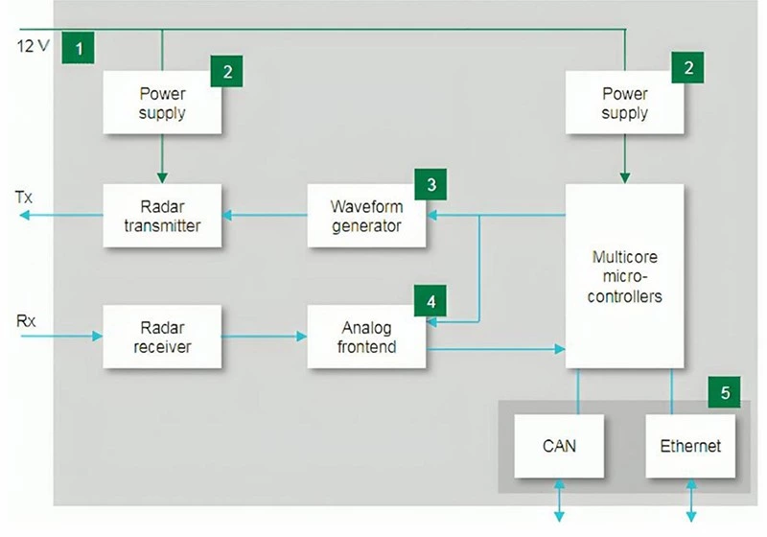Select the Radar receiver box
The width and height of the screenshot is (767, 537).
click(162, 336)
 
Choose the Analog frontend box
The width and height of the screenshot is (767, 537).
click(366, 336)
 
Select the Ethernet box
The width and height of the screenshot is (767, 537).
click(689, 446)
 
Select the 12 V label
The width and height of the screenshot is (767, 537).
click(33, 46)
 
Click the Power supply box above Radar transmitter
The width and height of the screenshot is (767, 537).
click(162, 104)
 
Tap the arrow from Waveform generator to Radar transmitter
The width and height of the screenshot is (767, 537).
click(265, 217)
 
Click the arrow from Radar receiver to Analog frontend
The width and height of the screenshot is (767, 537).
click(265, 336)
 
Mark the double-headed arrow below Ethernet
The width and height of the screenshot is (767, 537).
click(689, 503)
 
